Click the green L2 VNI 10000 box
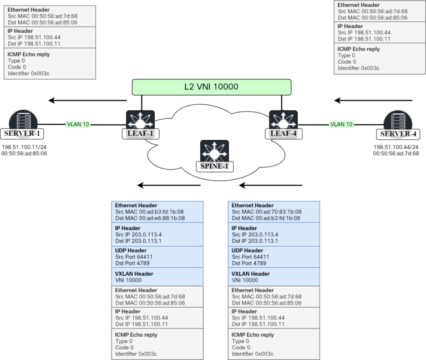(x=211, y=87)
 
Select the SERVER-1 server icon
(x=22, y=120)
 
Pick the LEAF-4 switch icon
(x=283, y=120)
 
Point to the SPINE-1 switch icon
(x=214, y=151)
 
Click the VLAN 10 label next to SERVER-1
(x=78, y=124)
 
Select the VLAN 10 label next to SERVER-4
(x=341, y=124)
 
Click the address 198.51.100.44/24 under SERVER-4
(x=397, y=147)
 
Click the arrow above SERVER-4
(x=373, y=100)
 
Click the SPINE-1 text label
(x=214, y=166)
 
